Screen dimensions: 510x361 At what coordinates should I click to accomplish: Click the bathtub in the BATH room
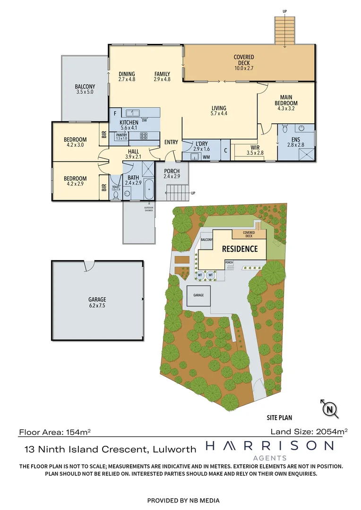coord(149,189)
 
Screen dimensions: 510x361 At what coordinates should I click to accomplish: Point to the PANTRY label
coord(121,136)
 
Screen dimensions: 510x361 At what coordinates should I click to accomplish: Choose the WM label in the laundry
coord(206,157)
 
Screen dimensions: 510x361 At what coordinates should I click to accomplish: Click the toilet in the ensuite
coord(284,128)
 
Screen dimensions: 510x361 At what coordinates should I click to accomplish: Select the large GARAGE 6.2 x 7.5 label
coord(97,302)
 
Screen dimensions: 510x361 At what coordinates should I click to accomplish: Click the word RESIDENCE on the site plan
coord(240,249)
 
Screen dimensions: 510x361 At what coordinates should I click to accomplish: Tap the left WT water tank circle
coord(200,275)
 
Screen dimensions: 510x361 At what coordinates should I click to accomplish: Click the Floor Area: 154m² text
coord(55,432)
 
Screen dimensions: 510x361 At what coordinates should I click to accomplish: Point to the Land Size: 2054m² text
coord(309,431)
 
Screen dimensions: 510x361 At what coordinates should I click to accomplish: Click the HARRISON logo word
coord(269,446)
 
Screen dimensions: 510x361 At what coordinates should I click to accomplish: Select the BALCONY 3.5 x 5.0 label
coord(85,89)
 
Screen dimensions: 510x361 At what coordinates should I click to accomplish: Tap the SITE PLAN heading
coord(278,417)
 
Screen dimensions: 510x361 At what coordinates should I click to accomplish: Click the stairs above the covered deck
coord(285,31)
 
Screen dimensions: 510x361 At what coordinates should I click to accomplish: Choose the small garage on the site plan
coord(198,296)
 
